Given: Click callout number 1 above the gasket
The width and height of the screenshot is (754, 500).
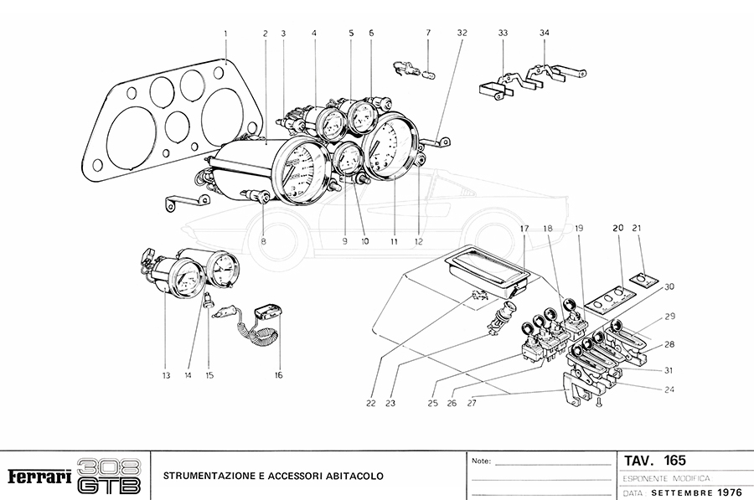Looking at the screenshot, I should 225,34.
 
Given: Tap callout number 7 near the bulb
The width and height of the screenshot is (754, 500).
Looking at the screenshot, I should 428,34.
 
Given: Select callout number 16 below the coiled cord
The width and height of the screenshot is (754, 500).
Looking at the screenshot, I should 278,375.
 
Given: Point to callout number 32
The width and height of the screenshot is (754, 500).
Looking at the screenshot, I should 462,34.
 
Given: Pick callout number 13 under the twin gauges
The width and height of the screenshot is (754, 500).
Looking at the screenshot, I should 166,375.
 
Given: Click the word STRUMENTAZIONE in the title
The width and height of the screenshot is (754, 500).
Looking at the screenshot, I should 210,477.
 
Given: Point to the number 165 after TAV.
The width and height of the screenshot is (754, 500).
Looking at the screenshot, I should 674,460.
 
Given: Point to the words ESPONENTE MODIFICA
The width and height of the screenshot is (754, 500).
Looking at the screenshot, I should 668,477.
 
